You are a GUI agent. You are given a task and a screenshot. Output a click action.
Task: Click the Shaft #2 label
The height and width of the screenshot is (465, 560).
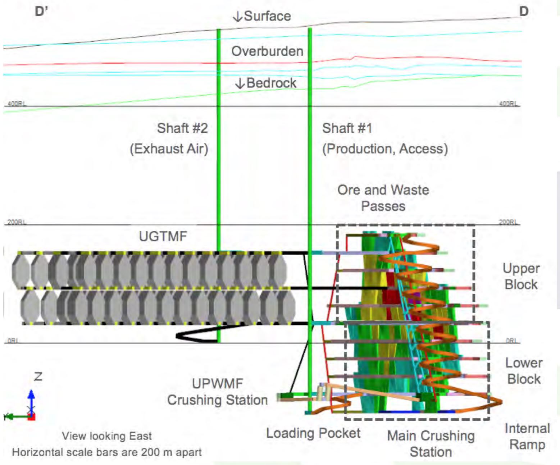tap(182, 128)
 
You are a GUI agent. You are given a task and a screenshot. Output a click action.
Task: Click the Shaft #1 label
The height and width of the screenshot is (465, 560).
tap(347, 128)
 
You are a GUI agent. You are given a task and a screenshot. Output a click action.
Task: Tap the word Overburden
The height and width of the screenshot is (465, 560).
tap(267, 51)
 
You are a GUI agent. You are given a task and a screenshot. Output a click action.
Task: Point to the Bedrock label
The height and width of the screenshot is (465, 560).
tap(271, 83)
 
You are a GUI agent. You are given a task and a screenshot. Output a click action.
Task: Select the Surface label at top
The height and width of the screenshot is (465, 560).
tap(267, 16)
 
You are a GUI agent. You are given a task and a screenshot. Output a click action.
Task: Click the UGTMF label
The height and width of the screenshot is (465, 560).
tap(163, 237)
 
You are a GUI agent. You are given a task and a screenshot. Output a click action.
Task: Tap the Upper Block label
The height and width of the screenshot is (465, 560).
tap(521, 276)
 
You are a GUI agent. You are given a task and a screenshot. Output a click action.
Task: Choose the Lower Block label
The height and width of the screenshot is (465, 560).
tap(524, 371)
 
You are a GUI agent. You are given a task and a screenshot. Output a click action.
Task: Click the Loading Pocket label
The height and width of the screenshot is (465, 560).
tap(313, 433)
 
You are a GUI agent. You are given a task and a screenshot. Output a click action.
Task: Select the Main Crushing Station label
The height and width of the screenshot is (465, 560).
tap(431, 444)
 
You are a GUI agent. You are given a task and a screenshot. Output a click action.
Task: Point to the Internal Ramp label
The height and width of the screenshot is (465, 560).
tap(527, 436)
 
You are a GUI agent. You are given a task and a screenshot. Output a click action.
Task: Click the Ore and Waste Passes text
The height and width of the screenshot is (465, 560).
tap(383, 198)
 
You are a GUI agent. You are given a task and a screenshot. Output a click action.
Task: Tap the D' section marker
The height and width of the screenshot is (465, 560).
tap(41, 12)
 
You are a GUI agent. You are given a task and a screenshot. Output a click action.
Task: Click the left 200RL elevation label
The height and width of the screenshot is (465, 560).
tap(17, 222)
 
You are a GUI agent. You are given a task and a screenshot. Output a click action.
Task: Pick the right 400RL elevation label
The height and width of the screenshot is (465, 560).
tap(508, 104)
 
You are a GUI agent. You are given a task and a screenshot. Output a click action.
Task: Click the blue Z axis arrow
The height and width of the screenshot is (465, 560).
tap(31, 399)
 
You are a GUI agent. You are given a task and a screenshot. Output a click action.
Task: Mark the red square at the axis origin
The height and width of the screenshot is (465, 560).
tap(32, 417)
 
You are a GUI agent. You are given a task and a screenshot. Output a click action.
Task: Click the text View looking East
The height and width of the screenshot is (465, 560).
tap(106, 436)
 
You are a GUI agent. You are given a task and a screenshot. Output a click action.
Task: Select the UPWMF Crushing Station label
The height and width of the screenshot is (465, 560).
tap(217, 392)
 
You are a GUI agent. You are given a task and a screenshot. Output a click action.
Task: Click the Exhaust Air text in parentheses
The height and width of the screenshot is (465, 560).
tap(169, 149)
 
